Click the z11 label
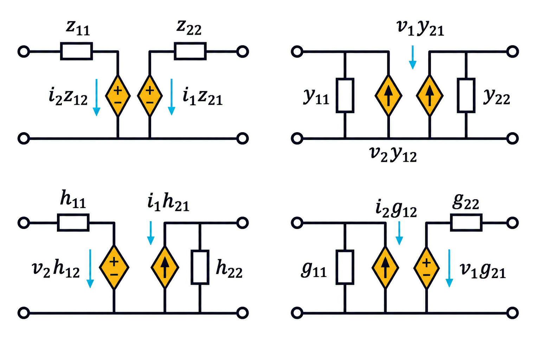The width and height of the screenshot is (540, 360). click(x=78, y=28)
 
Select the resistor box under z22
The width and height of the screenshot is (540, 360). click(x=190, y=51)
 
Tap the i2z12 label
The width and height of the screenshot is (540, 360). click(x=68, y=96)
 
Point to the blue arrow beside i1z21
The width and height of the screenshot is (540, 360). click(x=172, y=97)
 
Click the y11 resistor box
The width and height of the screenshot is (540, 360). click(x=345, y=95)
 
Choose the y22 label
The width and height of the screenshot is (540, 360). click(x=497, y=96)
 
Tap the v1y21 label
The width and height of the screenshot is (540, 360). click(x=420, y=28)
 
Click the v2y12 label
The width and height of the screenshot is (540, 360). click(x=393, y=154)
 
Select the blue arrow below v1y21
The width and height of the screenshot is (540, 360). click(x=413, y=57)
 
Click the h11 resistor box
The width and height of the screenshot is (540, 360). click(x=73, y=223)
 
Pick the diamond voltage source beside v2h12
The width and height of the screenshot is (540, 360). click(x=114, y=268)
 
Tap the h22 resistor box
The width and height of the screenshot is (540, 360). click(x=200, y=267)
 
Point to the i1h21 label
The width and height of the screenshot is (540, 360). click(x=168, y=202)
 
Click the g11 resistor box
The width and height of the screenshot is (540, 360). click(x=345, y=267)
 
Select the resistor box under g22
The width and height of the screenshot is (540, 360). click(x=466, y=223)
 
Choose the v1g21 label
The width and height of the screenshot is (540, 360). click(x=483, y=270)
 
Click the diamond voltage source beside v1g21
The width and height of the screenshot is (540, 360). click(x=426, y=268)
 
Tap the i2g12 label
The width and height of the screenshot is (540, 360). click(x=396, y=209)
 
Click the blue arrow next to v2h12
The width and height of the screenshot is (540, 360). click(x=90, y=269)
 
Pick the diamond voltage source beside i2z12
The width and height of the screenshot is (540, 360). click(x=118, y=96)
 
